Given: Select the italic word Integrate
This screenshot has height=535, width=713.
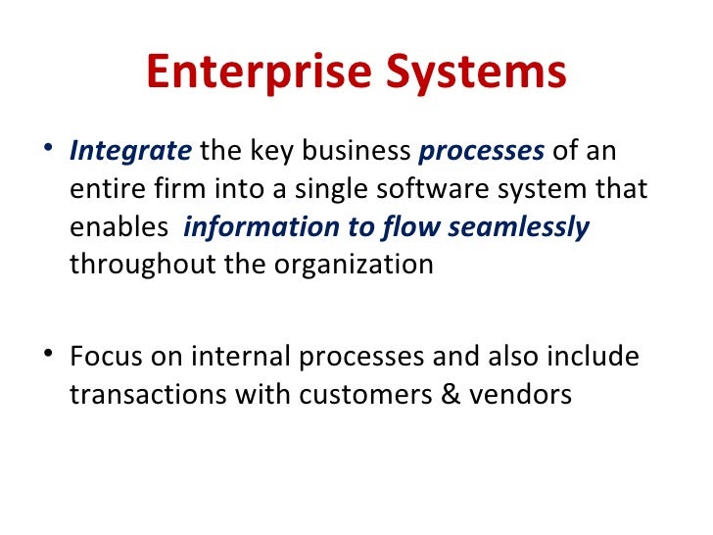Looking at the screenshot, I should (131, 152).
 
